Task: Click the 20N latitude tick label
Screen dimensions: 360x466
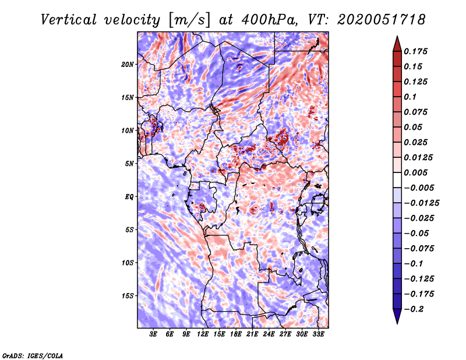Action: click(128, 64)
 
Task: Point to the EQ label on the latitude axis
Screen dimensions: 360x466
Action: click(130, 197)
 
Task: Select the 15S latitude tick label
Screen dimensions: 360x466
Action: click(128, 296)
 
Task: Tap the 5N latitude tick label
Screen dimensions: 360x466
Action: click(129, 164)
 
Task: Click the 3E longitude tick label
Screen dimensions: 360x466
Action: click(154, 334)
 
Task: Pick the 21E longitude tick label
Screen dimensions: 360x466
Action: click(252, 334)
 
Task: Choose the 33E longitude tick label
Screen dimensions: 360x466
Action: click(318, 334)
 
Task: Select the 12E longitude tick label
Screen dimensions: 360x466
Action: click(203, 334)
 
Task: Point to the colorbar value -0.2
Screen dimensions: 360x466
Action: click(416, 309)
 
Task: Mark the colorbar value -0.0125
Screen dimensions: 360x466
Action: click(423, 203)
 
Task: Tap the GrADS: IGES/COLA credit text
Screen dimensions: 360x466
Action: click(33, 355)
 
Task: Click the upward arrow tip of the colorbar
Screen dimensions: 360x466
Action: click(397, 38)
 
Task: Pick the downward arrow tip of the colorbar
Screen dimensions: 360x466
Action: click(397, 322)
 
